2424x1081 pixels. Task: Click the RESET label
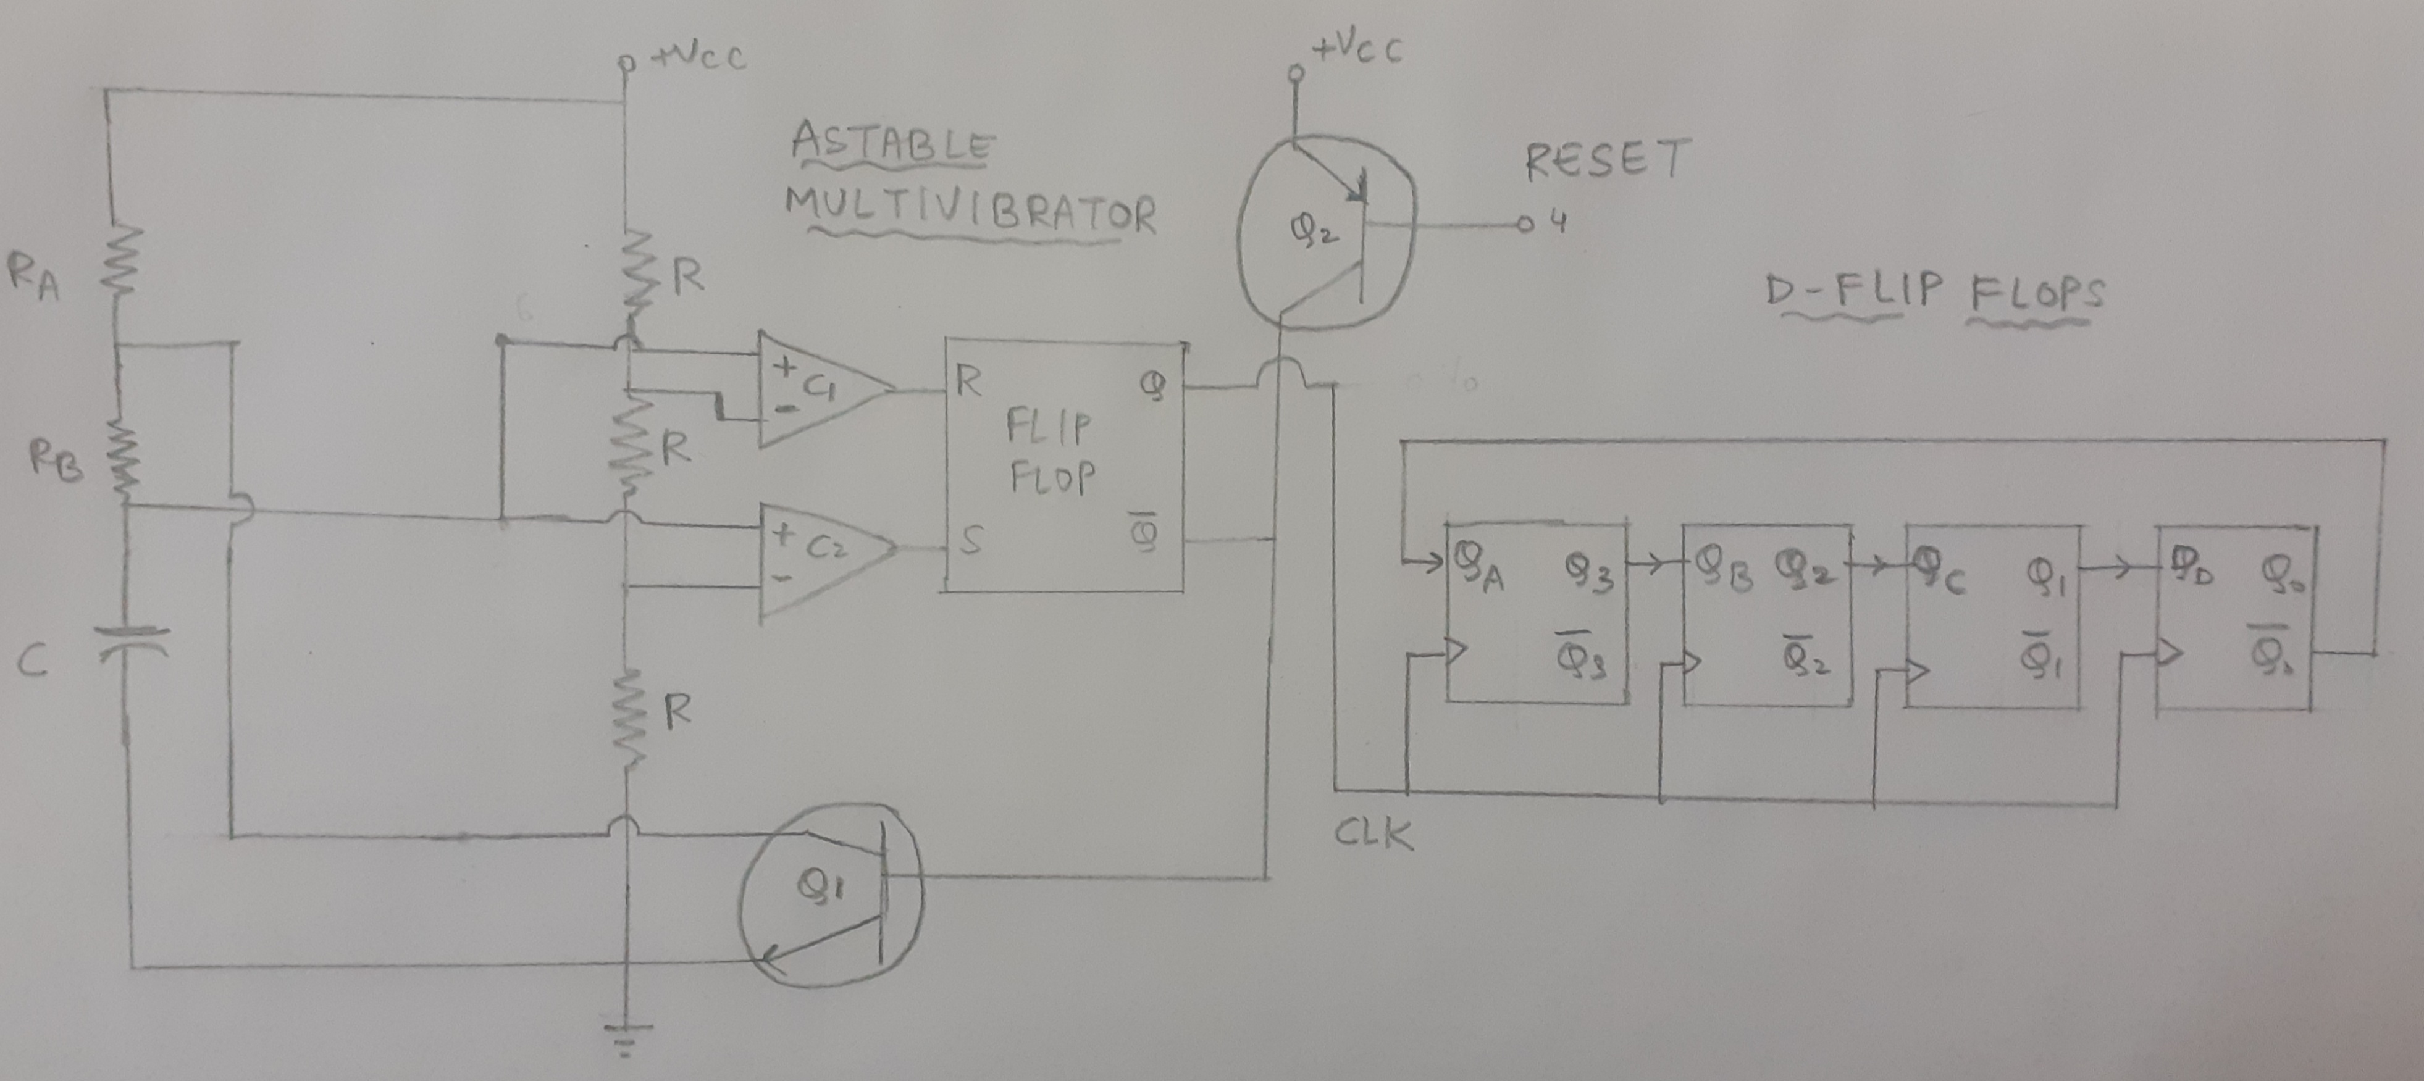click(1605, 160)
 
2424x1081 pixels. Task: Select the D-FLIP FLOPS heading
click(1934, 293)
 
